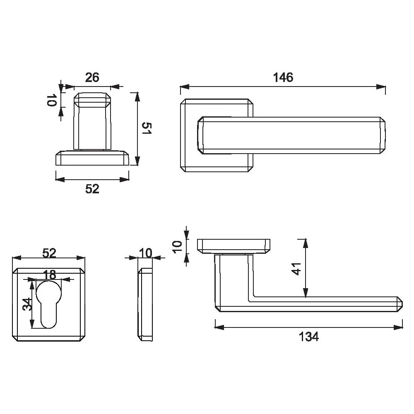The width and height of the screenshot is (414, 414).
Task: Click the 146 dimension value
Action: (x=283, y=78)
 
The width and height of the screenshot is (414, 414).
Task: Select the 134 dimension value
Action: (x=309, y=337)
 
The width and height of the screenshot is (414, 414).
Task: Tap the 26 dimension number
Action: (x=92, y=78)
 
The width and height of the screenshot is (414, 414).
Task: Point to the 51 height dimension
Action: (x=147, y=128)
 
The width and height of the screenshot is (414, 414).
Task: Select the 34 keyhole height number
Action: (x=27, y=304)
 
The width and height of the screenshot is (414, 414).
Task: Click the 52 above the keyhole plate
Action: (x=49, y=253)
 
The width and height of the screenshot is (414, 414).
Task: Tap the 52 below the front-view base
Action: (x=92, y=189)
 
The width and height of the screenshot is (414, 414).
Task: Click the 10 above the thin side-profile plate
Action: (x=145, y=253)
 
